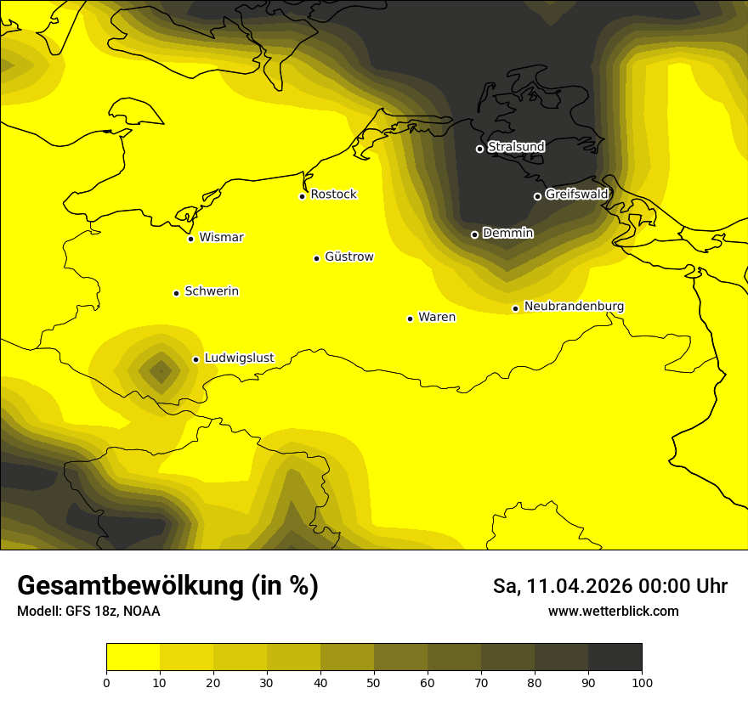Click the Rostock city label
(333, 195)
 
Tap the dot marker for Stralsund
(479, 149)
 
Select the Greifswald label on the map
(576, 195)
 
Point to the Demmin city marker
(474, 234)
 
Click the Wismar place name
(221, 237)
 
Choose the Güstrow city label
(348, 257)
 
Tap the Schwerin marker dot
(176, 293)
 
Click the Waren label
(437, 317)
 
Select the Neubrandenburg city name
(574, 306)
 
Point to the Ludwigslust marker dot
(195, 359)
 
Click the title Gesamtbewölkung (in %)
(167, 586)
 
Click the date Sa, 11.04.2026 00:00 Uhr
(609, 586)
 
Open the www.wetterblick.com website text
(613, 611)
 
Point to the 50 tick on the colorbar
(374, 682)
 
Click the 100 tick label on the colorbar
(642, 682)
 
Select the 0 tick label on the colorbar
(106, 682)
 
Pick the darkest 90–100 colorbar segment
(615, 657)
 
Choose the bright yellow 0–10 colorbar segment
(133, 657)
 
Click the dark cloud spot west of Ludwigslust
(160, 370)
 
